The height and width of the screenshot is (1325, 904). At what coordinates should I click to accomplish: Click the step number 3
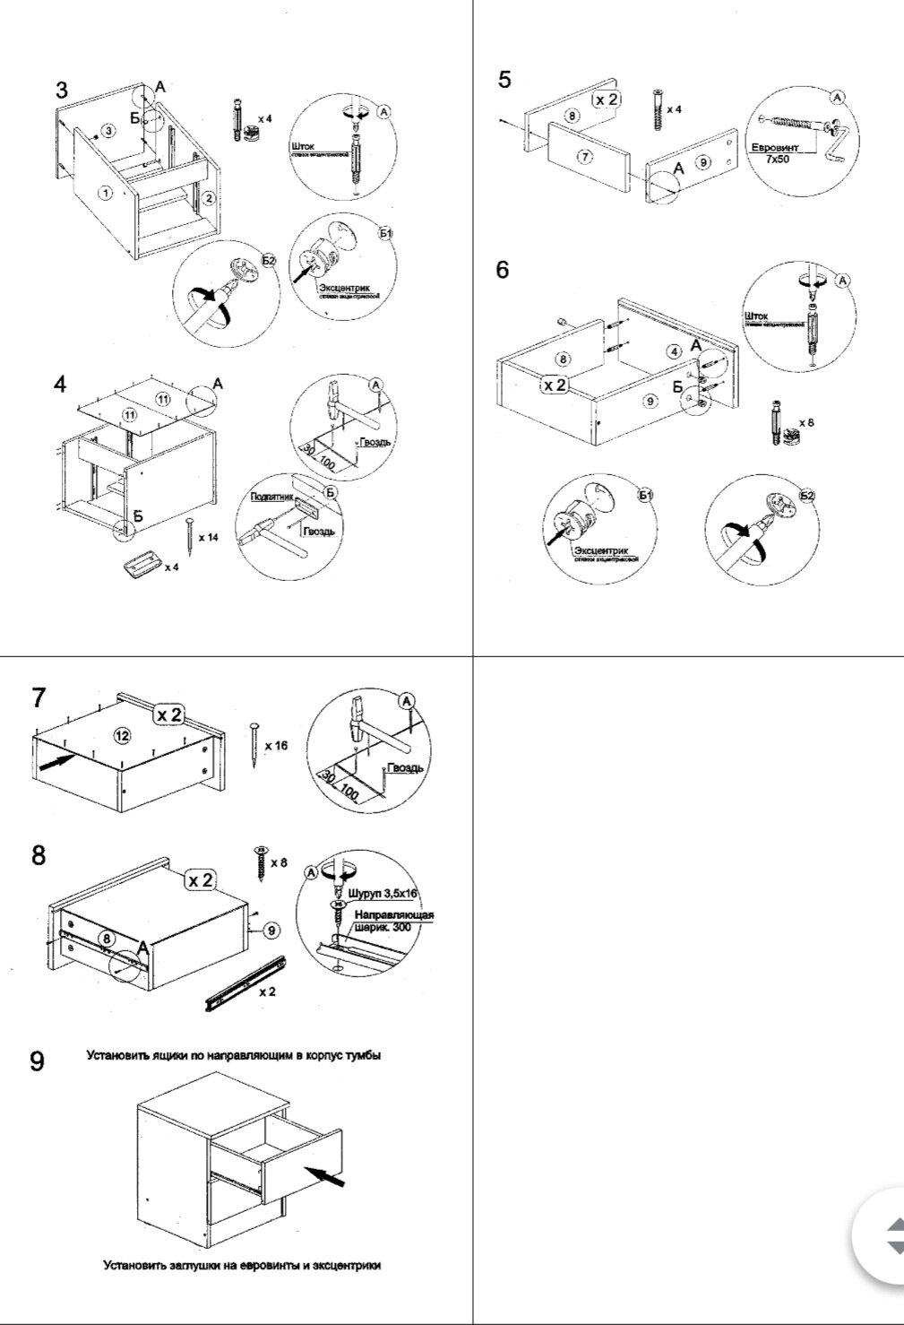[x=61, y=90]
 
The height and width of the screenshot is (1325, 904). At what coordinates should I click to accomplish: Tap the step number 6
[x=503, y=269]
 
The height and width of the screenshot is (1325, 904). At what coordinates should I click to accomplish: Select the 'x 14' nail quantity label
[x=208, y=537]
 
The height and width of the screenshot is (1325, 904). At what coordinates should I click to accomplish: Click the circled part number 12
[x=123, y=735]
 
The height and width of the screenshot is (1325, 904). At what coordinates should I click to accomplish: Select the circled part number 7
[x=585, y=157]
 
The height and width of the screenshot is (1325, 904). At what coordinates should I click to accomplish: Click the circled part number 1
[x=105, y=192]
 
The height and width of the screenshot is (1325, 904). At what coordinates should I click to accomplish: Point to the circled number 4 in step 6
[x=674, y=351]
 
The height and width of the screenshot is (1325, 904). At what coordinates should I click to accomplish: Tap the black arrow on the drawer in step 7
[x=56, y=762]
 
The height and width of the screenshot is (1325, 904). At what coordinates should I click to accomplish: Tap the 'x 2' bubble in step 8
[x=202, y=879]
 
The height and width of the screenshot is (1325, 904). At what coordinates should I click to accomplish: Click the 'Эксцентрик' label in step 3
[x=342, y=287]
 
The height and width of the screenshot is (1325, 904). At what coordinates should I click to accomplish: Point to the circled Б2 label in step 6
[x=807, y=496]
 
